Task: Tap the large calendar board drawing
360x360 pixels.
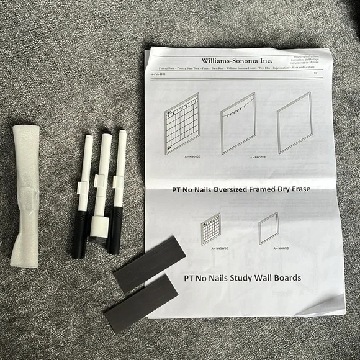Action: [x=182, y=124]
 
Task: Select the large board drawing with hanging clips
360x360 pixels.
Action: [x=238, y=122]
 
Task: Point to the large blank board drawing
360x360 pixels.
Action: [x=294, y=122]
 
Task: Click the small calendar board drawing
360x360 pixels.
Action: [x=211, y=228]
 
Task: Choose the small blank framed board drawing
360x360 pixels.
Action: [x=268, y=228]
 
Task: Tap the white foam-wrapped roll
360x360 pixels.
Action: [x=25, y=195]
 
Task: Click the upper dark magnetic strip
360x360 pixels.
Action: [x=149, y=263]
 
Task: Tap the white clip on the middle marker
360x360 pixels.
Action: [x=99, y=181]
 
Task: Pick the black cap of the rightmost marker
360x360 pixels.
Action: [x=115, y=230]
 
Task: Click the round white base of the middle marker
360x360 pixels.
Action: [x=99, y=227]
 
